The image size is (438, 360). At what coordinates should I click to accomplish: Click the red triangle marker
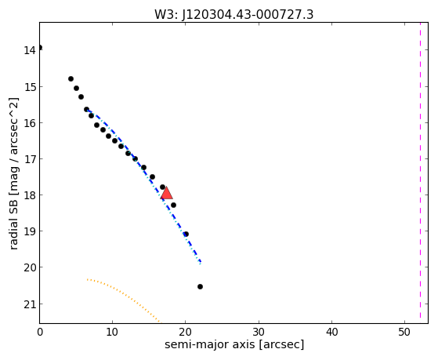click(x=166, y=193)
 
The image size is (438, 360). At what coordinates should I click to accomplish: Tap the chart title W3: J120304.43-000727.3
click(x=233, y=15)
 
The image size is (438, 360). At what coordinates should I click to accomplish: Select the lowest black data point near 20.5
click(x=200, y=286)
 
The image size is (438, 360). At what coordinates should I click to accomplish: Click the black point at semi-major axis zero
click(x=40, y=47)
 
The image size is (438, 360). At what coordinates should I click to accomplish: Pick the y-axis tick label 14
click(x=29, y=50)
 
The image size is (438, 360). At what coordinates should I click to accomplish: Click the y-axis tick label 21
click(x=29, y=304)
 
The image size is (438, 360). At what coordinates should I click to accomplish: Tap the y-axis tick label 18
click(x=29, y=195)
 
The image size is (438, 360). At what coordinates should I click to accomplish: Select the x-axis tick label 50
click(x=404, y=333)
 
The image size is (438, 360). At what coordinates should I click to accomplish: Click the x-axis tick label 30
click(x=259, y=333)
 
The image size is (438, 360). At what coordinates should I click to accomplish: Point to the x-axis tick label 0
click(x=40, y=333)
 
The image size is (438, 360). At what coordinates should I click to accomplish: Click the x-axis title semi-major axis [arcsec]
click(x=234, y=344)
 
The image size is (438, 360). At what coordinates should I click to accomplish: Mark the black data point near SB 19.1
click(x=186, y=234)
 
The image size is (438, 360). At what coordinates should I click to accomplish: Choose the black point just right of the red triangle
click(x=173, y=205)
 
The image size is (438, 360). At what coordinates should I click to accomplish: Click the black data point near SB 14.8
click(x=71, y=79)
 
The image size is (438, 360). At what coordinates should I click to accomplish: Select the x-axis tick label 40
click(x=331, y=333)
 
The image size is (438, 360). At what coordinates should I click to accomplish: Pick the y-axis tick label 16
click(x=29, y=123)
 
